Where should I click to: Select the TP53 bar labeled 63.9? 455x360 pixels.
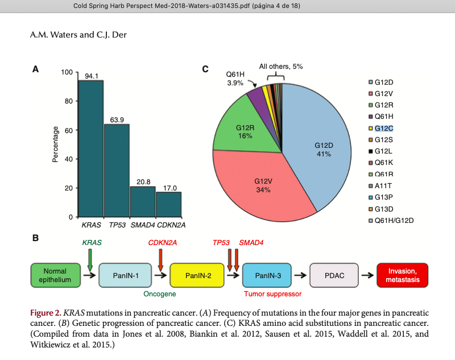[117, 171]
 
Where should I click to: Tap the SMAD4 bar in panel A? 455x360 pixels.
[143, 202]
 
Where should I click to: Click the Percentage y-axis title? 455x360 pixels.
[55, 144]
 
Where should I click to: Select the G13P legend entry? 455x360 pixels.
[384, 197]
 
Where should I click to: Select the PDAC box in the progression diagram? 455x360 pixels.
[334, 275]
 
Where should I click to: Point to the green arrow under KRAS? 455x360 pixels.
[90, 260]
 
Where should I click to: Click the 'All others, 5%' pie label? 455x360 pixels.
[281, 67]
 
